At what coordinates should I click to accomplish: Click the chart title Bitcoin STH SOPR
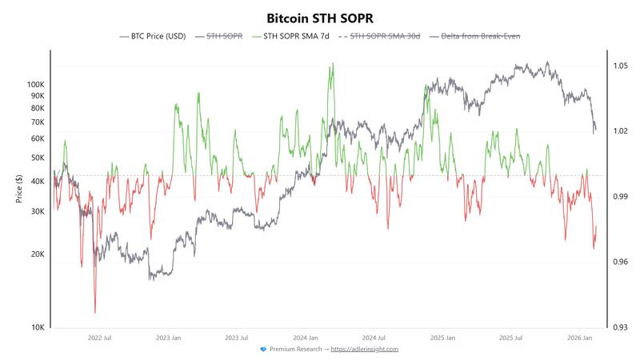pyautogui.click(x=319, y=17)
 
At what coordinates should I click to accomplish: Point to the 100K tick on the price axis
pyautogui.click(x=35, y=84)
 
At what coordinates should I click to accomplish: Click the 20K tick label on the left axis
pyautogui.click(x=37, y=254)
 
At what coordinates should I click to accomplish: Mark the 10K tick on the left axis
pyautogui.click(x=37, y=327)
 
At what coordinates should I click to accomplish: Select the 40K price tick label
pyautogui.click(x=37, y=182)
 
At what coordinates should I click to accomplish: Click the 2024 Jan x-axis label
pyautogui.click(x=308, y=338)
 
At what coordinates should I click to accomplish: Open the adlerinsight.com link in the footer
pyautogui.click(x=364, y=349)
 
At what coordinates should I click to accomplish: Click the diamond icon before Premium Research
pyautogui.click(x=264, y=349)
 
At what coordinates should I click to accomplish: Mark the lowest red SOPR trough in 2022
pyautogui.click(x=95, y=312)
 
